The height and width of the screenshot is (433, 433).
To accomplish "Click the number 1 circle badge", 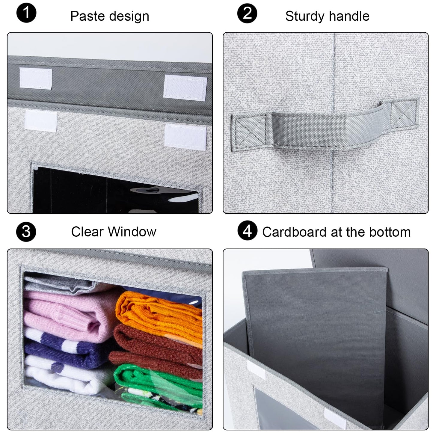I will (x=26, y=13).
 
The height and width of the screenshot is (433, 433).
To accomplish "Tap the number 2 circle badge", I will (x=247, y=13).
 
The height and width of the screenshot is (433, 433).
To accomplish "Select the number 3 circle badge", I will (x=26, y=232).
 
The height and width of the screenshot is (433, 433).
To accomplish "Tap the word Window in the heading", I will (x=132, y=232).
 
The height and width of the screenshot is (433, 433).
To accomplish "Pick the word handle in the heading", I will (x=352, y=16).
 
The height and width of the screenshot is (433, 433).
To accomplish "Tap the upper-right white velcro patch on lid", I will (x=185, y=88).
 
